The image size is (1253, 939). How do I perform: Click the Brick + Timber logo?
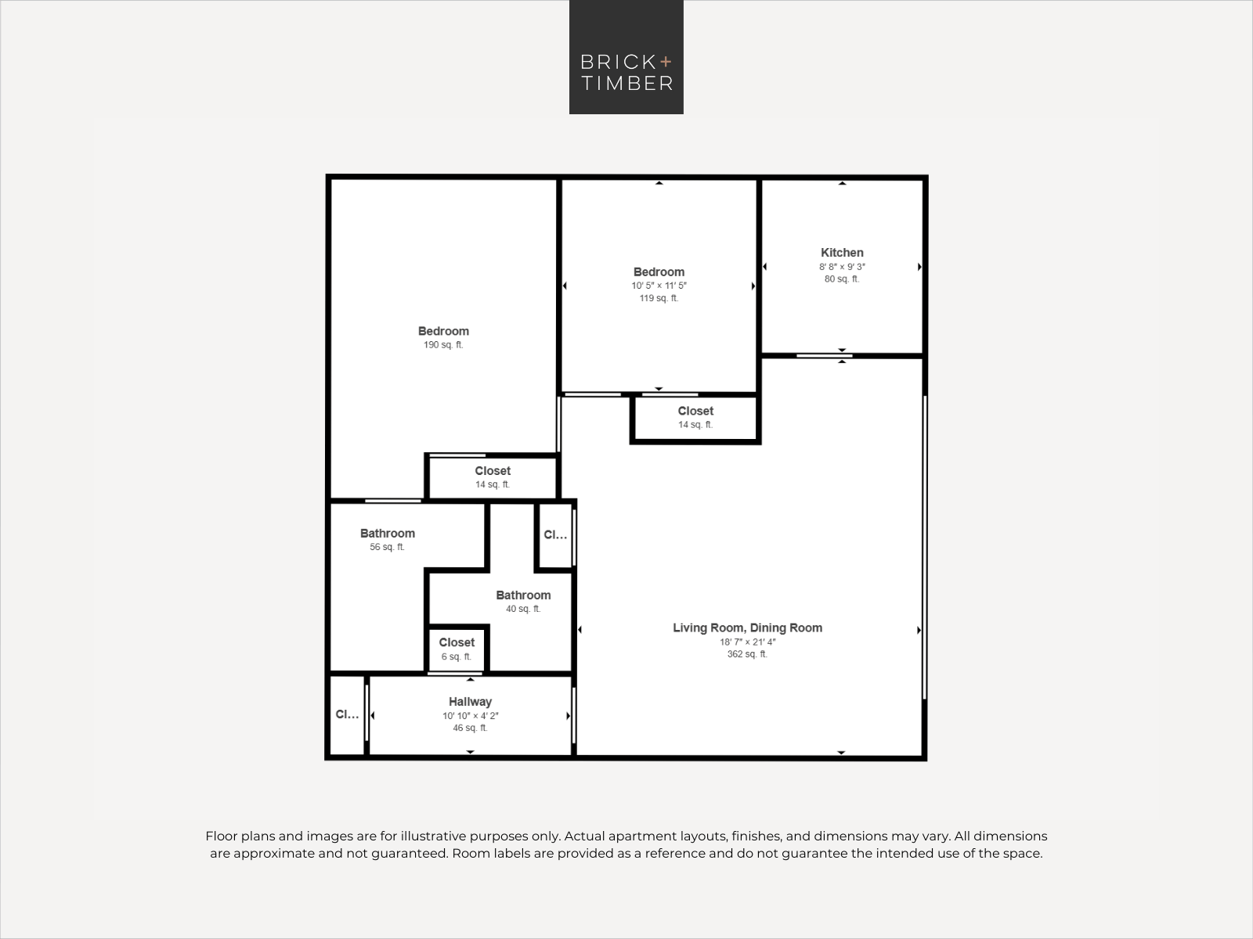[626, 57]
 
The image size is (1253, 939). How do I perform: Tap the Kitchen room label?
[842, 253]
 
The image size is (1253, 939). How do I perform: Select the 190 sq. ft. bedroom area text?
[443, 345]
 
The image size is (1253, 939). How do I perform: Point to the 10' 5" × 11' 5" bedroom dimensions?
[659, 286]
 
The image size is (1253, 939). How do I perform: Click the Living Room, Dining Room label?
[747, 628]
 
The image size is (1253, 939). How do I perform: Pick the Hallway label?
[470, 702]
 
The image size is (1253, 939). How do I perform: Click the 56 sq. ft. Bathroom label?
[387, 534]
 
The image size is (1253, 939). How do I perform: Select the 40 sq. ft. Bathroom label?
[523, 595]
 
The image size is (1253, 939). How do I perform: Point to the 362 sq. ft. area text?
[747, 654]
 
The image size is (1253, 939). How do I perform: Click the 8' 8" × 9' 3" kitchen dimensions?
[842, 267]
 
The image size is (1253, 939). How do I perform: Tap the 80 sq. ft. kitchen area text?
[842, 279]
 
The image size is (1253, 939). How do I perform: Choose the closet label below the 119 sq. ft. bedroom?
[695, 411]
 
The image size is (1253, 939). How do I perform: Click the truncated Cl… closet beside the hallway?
[347, 714]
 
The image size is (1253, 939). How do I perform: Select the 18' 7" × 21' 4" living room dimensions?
[747, 642]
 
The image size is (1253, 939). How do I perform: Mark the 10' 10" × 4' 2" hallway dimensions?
[470, 716]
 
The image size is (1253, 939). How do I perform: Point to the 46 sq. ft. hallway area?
[470, 728]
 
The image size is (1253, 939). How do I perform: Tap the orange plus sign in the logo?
[666, 62]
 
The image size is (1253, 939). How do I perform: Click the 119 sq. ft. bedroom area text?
[659, 298]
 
